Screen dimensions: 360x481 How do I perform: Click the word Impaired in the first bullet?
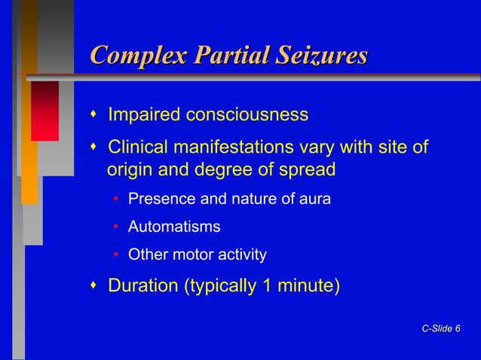pos(144,115)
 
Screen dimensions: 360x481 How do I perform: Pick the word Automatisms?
pos(174,227)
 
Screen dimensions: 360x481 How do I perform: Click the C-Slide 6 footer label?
pos(442,328)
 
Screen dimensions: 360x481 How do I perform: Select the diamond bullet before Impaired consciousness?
pos(93,115)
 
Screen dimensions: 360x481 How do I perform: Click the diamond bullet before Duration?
pos(93,285)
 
